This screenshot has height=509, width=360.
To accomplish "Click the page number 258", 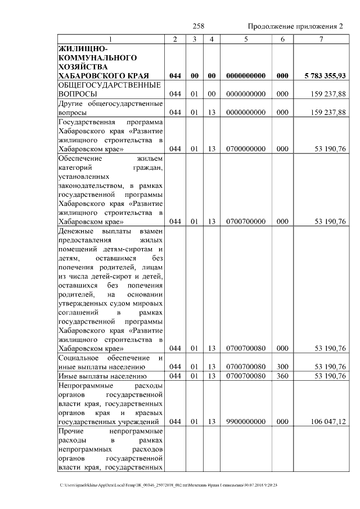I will [x=198, y=26].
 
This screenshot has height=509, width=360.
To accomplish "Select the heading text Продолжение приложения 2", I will [x=295, y=26].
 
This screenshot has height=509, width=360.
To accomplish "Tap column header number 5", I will [x=246, y=39].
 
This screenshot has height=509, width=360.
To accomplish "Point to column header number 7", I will [x=321, y=39].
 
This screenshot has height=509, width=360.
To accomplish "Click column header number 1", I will [x=110, y=39].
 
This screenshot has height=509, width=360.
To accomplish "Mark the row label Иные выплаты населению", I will [x=102, y=376].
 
